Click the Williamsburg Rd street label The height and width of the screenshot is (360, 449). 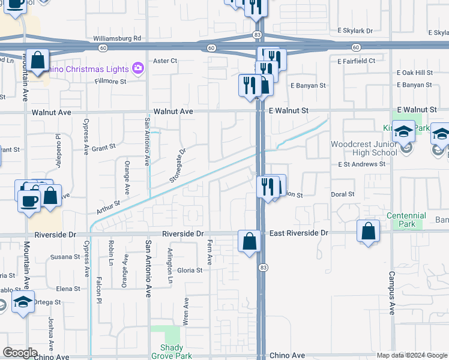(117, 38)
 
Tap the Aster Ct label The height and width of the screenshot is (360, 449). (166, 61)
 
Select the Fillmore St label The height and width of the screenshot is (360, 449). (111, 82)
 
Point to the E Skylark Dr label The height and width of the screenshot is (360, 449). (355, 30)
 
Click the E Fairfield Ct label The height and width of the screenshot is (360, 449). (356, 61)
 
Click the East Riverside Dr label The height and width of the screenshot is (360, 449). (298, 232)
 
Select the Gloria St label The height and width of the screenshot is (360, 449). (190, 270)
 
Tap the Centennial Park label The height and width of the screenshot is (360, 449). (406, 220)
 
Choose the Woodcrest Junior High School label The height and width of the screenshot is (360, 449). (364, 148)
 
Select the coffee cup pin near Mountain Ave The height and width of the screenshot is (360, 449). (28, 200)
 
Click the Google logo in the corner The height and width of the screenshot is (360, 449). (20, 353)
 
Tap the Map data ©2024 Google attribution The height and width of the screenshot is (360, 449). (411, 355)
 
